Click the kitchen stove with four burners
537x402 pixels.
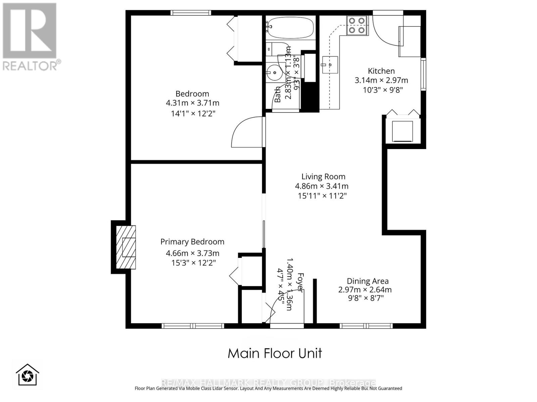pos(356,25)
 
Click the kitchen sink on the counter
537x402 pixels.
pos(330,64)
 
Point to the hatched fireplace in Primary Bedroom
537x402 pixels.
pos(126,247)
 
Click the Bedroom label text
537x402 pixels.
pos(192,94)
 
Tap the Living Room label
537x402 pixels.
pos(323,177)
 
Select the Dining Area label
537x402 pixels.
pos(367,281)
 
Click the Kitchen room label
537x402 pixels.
pos(381,71)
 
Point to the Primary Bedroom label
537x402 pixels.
pos(192,242)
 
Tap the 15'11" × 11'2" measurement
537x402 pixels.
pos(322,196)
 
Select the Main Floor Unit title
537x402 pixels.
pos(275,353)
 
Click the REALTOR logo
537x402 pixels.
pos(30,37)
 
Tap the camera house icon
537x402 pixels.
pos(28,375)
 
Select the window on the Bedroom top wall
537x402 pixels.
pos(191,13)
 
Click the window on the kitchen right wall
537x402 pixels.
pos(423,74)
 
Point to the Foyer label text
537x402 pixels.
pos(300,282)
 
